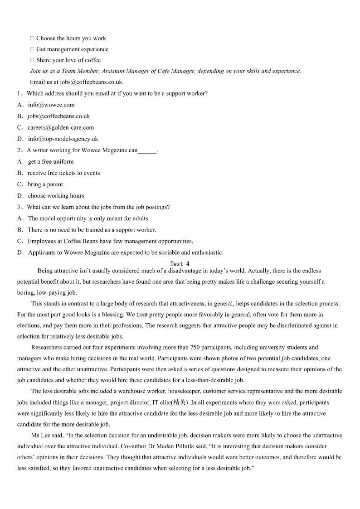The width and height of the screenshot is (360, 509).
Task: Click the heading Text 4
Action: pyautogui.click(x=180, y=263)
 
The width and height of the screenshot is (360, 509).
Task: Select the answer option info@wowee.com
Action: pyautogui.click(x=51, y=105)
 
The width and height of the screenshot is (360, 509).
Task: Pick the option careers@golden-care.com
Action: pyautogui.click(x=60, y=127)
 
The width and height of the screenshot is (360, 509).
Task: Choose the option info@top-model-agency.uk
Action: pyautogui.click(x=63, y=139)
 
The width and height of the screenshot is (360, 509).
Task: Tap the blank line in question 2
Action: pyautogui.click(x=147, y=150)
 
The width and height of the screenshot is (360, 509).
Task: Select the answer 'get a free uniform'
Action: pyautogui.click(x=50, y=161)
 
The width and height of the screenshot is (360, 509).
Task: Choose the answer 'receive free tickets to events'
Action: pyautogui.click(x=63, y=173)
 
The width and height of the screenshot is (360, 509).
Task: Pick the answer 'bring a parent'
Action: pyautogui.click(x=45, y=184)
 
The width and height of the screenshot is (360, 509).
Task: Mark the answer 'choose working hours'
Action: pyautogui.click(x=56, y=195)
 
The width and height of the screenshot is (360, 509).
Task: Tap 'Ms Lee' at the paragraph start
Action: pyautogui.click(x=39, y=435)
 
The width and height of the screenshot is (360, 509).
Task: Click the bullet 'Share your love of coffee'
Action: pyautogui.click(x=68, y=60)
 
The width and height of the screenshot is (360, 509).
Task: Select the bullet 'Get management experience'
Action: pyautogui.click(x=72, y=49)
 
